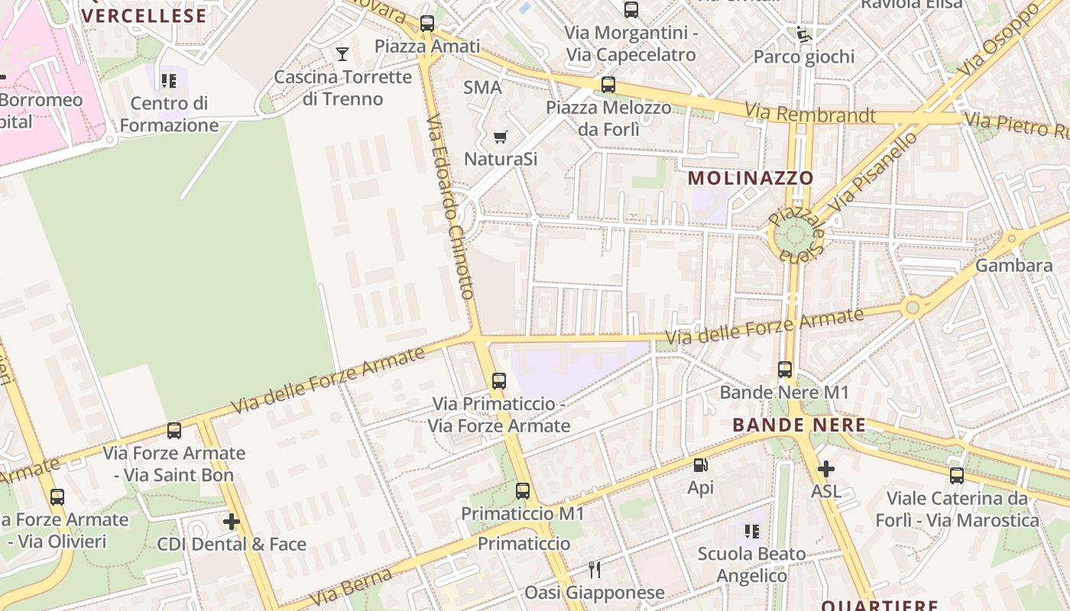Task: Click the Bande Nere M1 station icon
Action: [785, 370]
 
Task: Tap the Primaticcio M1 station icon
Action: [523, 491]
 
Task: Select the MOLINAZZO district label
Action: [751, 178]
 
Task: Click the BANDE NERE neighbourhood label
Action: [799, 425]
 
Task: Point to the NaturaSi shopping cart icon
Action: [500, 137]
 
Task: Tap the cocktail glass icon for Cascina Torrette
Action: [342, 53]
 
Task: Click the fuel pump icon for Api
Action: [700, 465]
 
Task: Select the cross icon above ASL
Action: [825, 469]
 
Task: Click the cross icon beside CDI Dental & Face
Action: [231, 522]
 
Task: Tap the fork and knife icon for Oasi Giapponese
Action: [595, 570]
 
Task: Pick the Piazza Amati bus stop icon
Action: [427, 24]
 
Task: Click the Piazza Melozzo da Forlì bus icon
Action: [608, 85]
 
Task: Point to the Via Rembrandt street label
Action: [810, 114]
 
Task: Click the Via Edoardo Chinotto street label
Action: [451, 206]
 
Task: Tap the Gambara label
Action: [1014, 266]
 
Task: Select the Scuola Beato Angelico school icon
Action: [751, 531]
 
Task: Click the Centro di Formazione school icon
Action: [169, 81]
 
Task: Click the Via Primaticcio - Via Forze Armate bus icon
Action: [499, 380]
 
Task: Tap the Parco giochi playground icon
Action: [803, 34]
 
